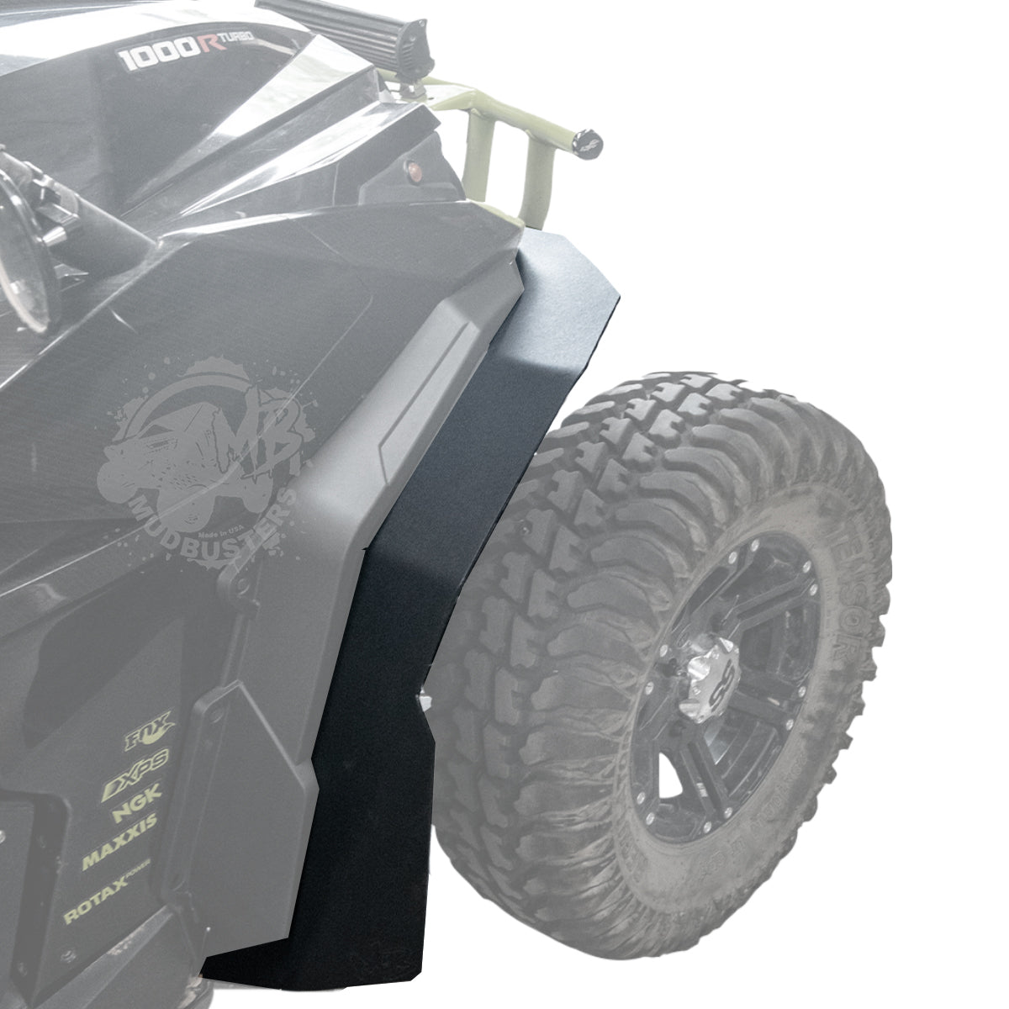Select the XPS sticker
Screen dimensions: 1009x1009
click(135, 763)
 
